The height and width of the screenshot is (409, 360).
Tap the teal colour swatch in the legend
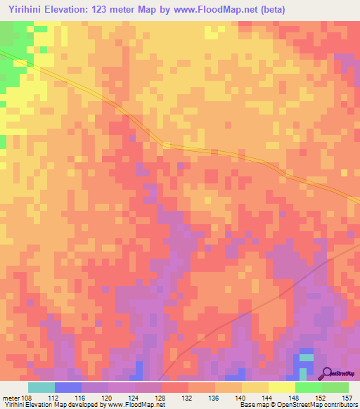41,387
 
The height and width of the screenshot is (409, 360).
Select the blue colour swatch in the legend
68,387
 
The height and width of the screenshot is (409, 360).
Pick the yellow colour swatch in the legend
281,387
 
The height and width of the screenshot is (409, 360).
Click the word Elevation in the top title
70,8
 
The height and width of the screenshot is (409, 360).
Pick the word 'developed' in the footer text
82,405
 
